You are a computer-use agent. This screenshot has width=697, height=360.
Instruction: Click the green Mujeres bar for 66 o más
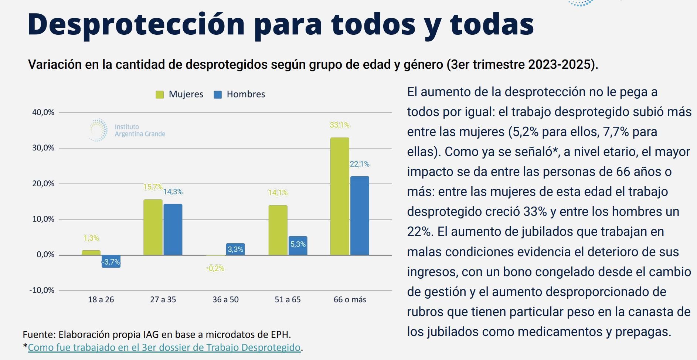[340, 196]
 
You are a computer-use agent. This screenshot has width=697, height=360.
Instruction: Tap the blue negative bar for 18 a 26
[111, 261]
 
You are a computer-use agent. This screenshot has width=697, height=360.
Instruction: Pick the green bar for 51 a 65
[278, 230]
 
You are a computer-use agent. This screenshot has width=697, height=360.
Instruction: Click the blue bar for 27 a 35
[173, 229]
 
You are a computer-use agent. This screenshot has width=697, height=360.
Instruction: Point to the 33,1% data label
[339, 125]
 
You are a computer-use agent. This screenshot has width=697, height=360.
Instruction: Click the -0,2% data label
[215, 268]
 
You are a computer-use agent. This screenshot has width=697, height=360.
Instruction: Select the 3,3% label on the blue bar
[235, 249]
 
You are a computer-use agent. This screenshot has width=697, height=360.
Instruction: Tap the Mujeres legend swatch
[160, 95]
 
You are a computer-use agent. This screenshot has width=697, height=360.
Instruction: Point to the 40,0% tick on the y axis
[43, 112]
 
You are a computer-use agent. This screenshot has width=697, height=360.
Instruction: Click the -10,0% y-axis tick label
[42, 290]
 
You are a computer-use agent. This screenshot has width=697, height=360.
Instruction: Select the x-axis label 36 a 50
[225, 300]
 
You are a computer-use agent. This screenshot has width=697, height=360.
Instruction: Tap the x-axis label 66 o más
[350, 300]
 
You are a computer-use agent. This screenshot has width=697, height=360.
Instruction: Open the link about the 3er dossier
[164, 347]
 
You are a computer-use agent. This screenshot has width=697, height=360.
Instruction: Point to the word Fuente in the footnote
[38, 334]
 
